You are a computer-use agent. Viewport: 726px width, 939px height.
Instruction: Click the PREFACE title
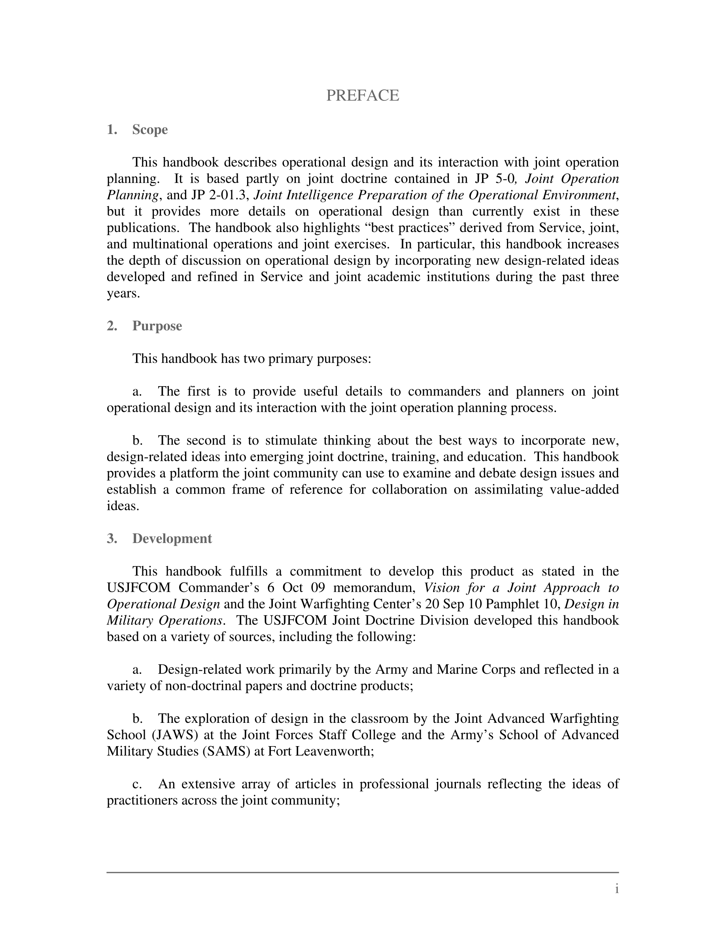click(363, 96)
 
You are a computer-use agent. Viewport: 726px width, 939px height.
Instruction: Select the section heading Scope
click(150, 129)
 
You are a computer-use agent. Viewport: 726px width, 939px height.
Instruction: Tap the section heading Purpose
click(157, 326)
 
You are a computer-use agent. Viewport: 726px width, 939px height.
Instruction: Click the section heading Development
click(172, 539)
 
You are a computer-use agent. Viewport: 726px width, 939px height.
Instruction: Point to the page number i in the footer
click(617, 889)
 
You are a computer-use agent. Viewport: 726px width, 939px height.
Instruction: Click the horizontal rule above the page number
click(363, 872)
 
